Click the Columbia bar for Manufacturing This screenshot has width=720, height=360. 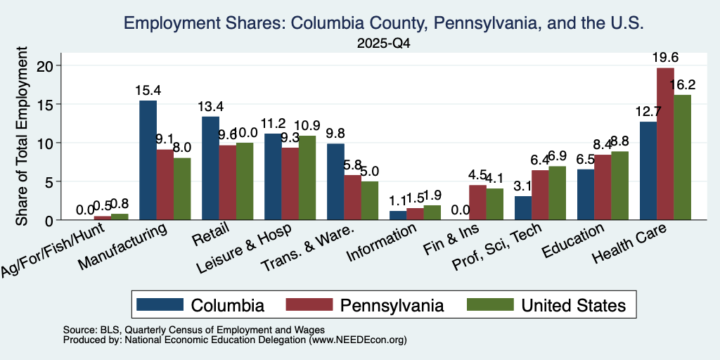[148, 160]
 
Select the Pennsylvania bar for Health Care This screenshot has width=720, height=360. [665, 143]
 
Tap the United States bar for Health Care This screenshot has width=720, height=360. [682, 157]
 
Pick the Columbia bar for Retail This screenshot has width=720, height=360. [210, 168]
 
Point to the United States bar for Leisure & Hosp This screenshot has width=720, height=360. [307, 178]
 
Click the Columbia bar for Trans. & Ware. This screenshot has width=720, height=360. [335, 182]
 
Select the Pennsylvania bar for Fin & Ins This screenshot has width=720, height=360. [477, 202]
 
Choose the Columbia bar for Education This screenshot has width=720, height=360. [586, 195]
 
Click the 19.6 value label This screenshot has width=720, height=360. [665, 58]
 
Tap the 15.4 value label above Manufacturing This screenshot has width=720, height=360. [148, 91]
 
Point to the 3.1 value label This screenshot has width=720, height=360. [523, 186]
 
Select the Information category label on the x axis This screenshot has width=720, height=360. [382, 242]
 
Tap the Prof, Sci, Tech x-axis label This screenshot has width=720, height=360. [497, 247]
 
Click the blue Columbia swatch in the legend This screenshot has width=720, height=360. [160, 304]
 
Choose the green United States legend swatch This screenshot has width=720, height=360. [490, 304]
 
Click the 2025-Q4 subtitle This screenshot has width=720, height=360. [383, 44]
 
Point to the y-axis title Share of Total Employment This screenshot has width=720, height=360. [22, 136]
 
